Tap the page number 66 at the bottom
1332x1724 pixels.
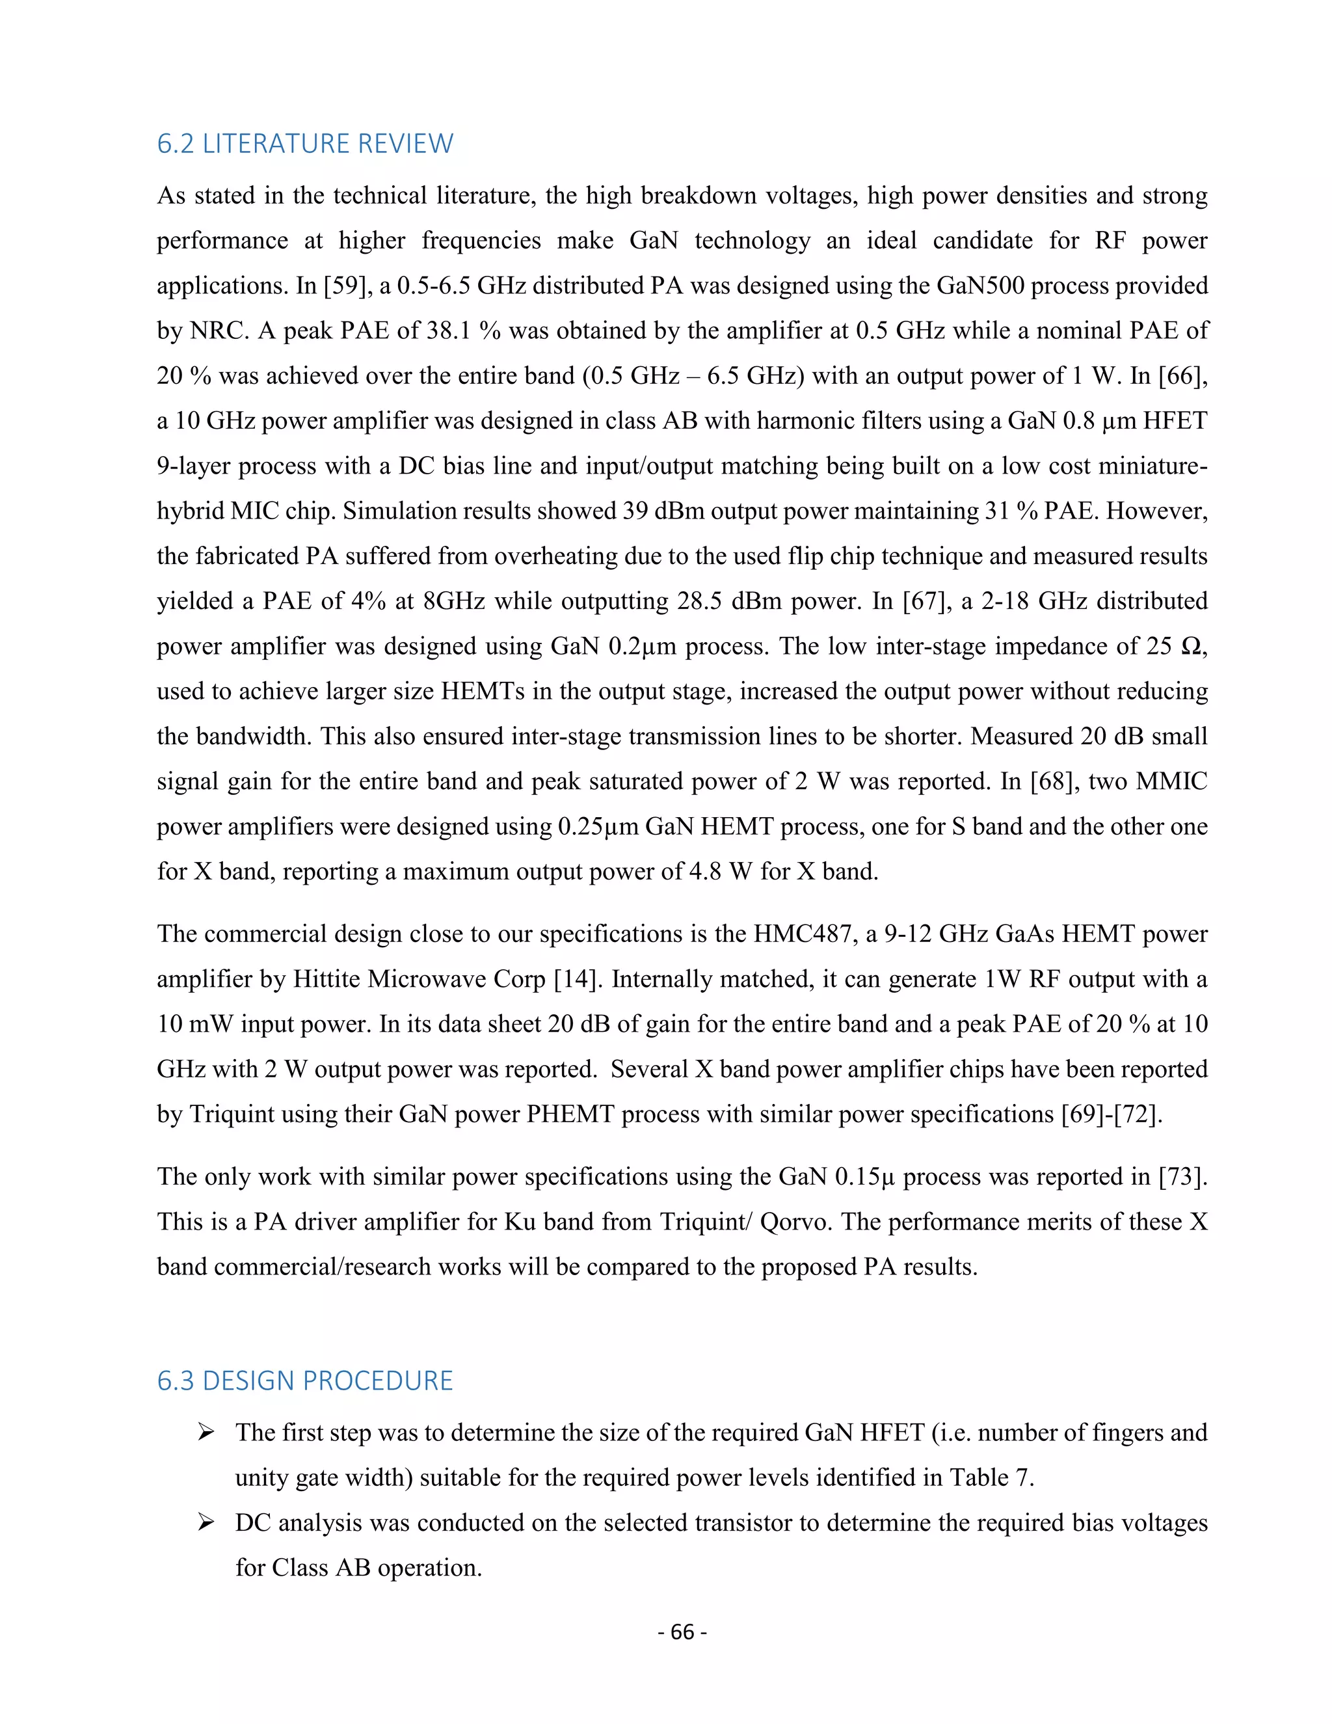[x=682, y=1632]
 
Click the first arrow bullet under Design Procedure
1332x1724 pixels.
[x=206, y=1433]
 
